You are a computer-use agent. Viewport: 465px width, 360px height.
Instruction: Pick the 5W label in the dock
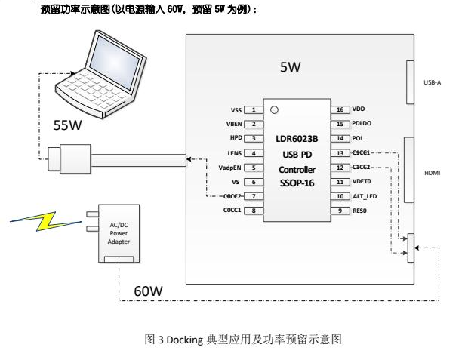291,68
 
